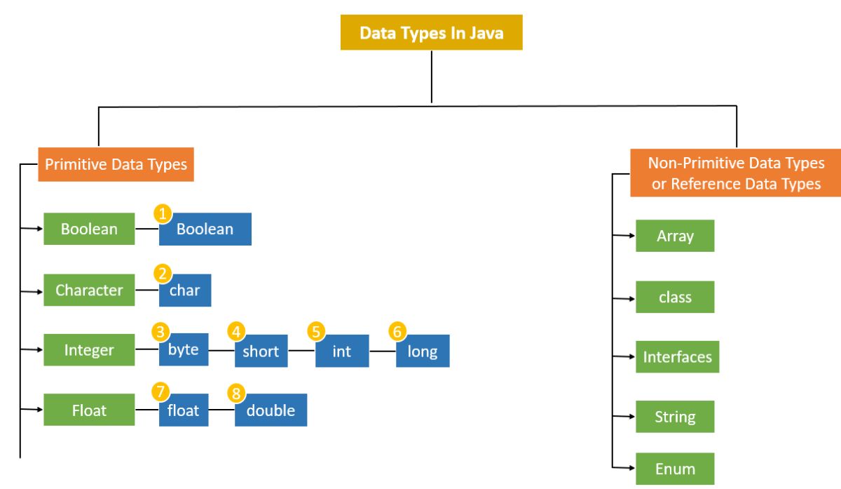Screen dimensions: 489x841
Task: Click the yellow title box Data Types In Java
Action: (x=431, y=33)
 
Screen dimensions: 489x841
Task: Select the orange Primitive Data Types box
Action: (x=116, y=165)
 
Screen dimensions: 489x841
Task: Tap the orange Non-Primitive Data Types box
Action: (x=736, y=173)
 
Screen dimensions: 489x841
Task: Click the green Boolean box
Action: (x=89, y=229)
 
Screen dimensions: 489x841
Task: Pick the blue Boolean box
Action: (x=205, y=229)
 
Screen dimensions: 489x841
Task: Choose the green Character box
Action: (x=89, y=290)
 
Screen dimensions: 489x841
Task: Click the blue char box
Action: (x=185, y=290)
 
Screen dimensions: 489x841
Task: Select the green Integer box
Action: (x=89, y=349)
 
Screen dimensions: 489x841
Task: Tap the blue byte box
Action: (x=184, y=349)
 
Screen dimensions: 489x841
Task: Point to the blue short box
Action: (x=261, y=351)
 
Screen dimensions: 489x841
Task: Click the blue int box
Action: (x=342, y=351)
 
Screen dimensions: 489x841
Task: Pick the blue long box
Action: (x=423, y=351)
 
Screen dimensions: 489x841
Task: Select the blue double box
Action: (x=271, y=410)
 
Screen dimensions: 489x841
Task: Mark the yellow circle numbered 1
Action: (x=163, y=213)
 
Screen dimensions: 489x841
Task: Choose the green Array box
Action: (x=675, y=236)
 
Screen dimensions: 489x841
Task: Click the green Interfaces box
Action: (x=677, y=357)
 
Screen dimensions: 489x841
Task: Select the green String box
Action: (x=675, y=417)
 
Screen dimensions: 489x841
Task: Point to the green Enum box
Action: (x=675, y=469)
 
